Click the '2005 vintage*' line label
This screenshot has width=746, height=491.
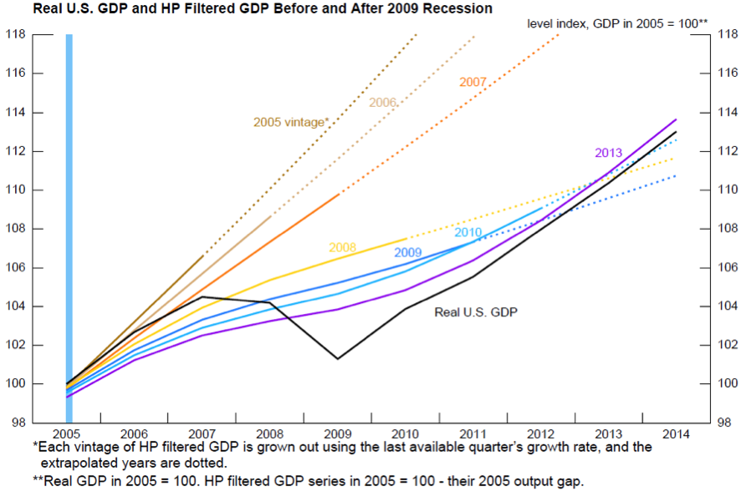[290, 122]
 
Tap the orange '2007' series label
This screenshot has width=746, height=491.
[473, 83]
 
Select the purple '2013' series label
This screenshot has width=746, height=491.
[608, 153]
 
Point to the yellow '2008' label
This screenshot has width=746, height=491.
[342, 248]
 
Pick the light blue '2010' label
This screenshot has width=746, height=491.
[468, 232]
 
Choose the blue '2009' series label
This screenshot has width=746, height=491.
[407, 252]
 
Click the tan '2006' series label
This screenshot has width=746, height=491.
[382, 102]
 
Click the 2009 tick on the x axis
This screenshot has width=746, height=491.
[339, 433]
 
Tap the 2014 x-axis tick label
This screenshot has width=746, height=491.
[676, 433]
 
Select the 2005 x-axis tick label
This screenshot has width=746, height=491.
[69, 433]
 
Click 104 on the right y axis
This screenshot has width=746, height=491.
[727, 306]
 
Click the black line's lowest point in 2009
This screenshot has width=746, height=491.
[337, 359]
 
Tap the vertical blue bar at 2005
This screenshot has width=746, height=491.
[69, 209]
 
